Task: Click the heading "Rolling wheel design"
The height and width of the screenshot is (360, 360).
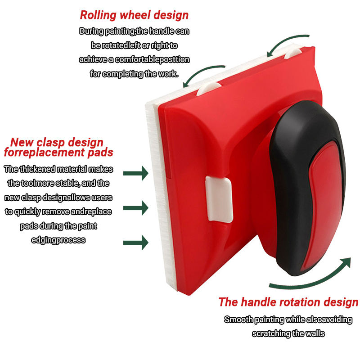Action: [x=134, y=15]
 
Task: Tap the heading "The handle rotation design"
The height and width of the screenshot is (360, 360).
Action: [x=288, y=301]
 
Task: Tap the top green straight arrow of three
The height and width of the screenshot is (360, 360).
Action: [x=136, y=172]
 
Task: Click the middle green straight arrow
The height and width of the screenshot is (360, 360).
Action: [x=136, y=207]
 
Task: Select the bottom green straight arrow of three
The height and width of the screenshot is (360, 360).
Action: [x=136, y=242]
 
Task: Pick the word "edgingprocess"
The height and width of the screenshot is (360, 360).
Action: [x=58, y=240]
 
